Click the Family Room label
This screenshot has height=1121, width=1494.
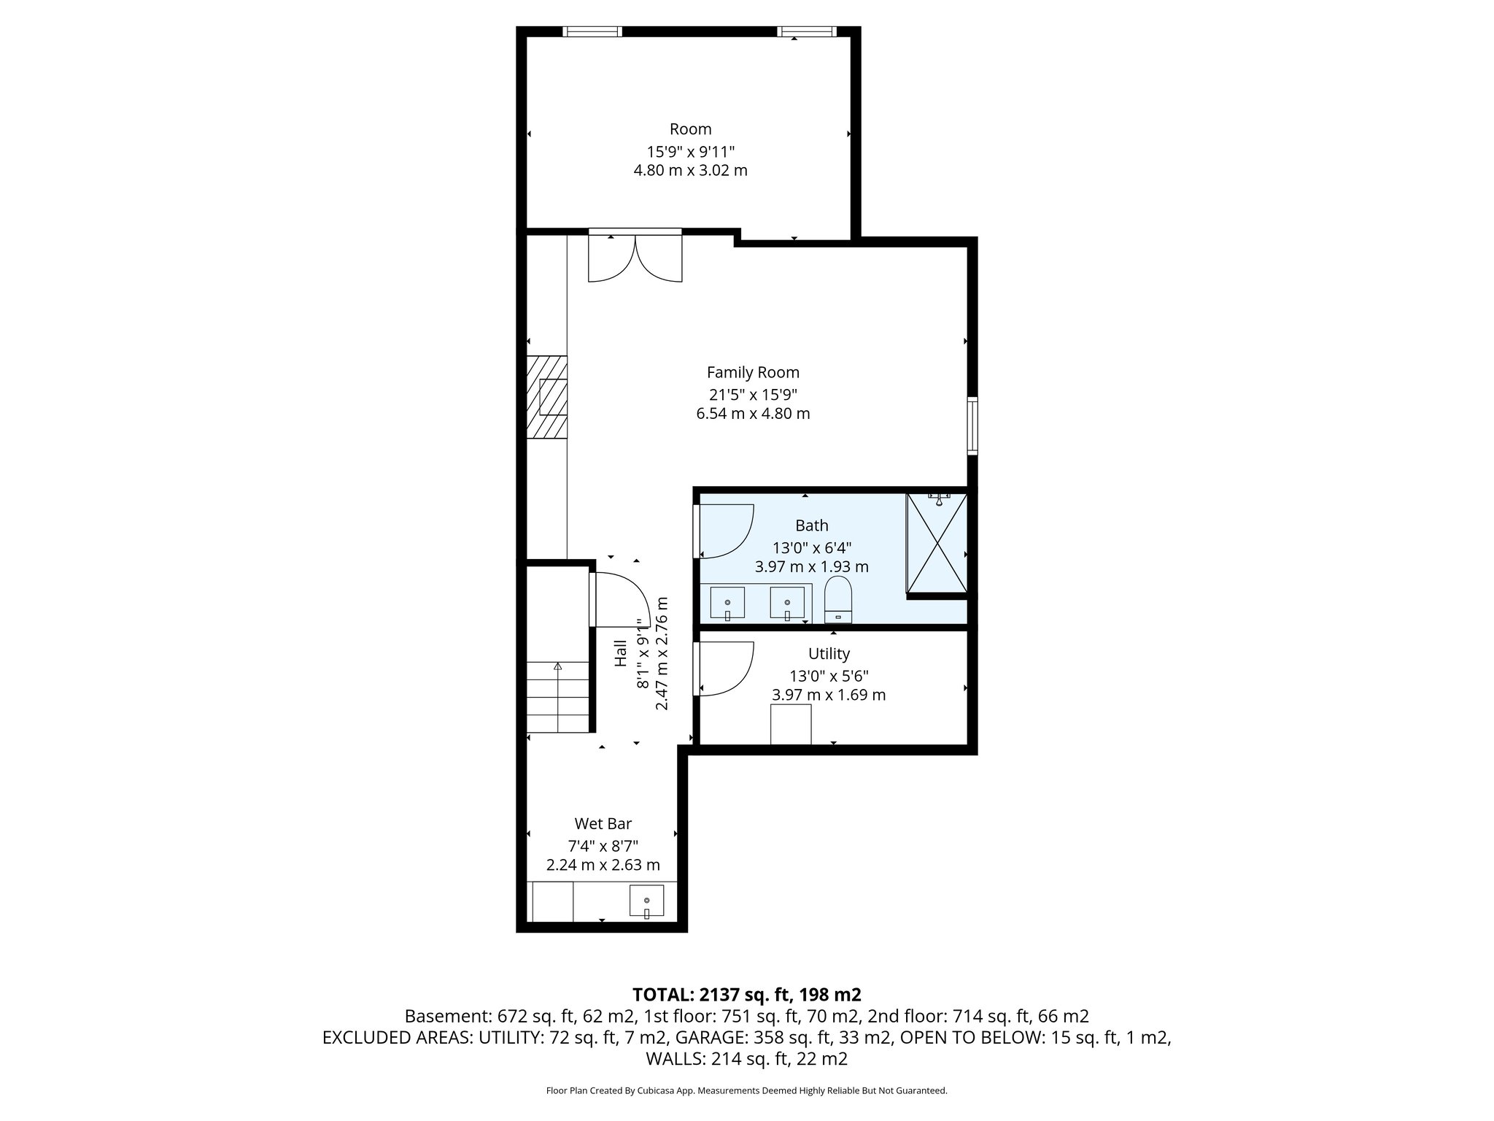tap(753, 372)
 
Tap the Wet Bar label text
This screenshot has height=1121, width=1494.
tap(603, 824)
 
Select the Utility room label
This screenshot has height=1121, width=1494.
tap(829, 654)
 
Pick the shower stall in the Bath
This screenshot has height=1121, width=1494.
tap(937, 543)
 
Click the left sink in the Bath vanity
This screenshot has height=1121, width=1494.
tap(727, 603)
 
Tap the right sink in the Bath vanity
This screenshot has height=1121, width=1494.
tap(787, 603)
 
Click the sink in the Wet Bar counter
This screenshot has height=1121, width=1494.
tap(646, 901)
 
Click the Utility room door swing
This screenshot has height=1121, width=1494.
tap(724, 668)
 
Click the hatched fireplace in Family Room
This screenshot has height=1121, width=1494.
tap(547, 397)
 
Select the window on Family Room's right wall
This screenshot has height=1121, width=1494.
tap(972, 425)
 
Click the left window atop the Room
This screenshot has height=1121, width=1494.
tap(592, 31)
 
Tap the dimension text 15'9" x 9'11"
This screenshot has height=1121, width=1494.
tap(690, 152)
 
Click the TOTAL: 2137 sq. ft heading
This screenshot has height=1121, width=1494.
tap(746, 994)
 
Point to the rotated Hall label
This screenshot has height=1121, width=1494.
tap(621, 652)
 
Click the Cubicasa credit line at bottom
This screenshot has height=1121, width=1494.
tap(746, 1090)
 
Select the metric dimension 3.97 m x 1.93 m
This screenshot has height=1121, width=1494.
tap(811, 566)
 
